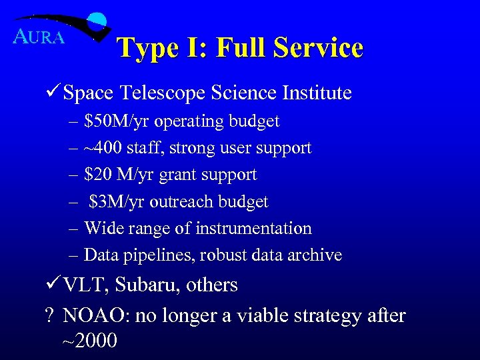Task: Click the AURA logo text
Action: [39, 37]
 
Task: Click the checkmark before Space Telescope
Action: [55, 93]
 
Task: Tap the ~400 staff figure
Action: [100, 148]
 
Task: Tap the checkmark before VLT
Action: [55, 284]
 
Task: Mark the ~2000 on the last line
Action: [89, 341]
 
